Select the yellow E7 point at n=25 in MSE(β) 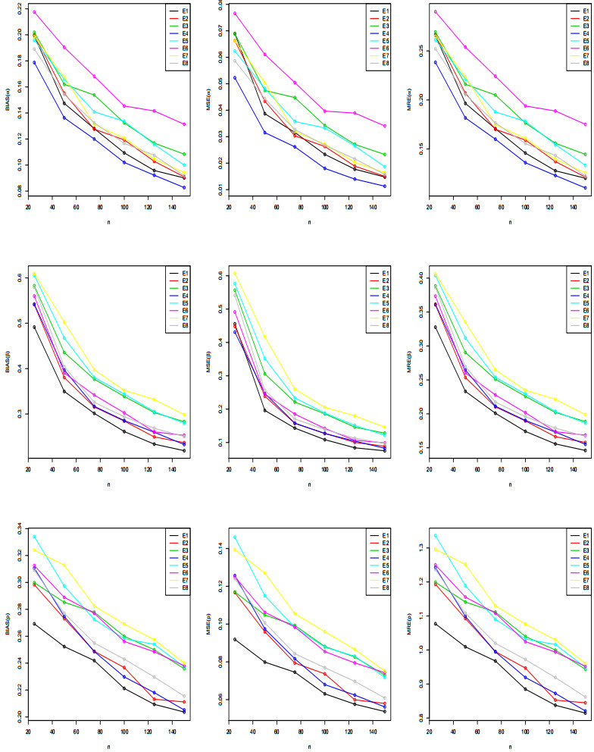(x=235, y=273)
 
